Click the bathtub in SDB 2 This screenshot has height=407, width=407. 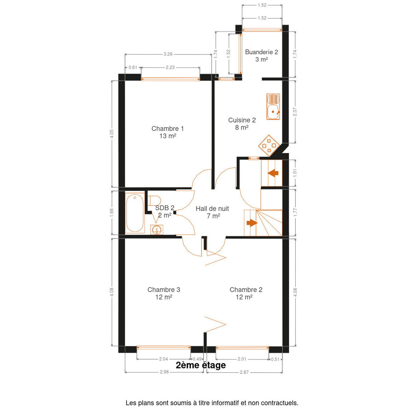tap(135, 213)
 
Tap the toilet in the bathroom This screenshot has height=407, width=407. tap(154, 201)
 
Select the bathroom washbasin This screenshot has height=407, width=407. tap(157, 230)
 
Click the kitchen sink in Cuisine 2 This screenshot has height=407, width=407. tap(273, 106)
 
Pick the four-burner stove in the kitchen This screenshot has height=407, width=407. tap(269, 146)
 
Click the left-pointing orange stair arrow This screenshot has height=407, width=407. tap(273, 173)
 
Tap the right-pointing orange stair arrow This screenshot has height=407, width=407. tap(252, 223)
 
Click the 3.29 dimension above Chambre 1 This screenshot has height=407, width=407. tap(168, 54)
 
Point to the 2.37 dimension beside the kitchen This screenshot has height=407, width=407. tap(295, 112)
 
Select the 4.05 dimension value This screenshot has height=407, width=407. tap(112, 134)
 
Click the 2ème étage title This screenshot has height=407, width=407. tap(201, 365)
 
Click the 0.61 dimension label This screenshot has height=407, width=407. tap(133, 67)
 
